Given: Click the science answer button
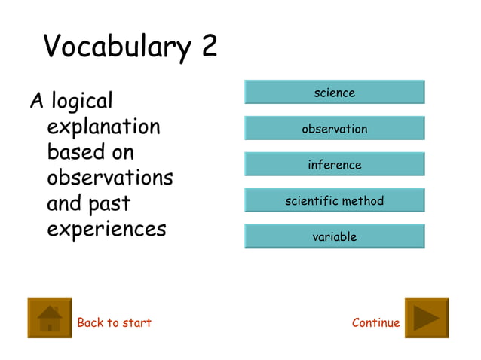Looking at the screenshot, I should click(334, 93).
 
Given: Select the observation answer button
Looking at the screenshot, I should click(334, 129).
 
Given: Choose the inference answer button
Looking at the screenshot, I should click(334, 165).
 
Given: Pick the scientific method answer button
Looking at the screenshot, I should click(334, 201).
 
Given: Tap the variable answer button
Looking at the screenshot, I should click(334, 237).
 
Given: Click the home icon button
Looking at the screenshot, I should click(50, 318).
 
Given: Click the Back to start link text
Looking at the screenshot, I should click(114, 323).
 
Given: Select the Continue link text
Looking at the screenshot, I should click(375, 323).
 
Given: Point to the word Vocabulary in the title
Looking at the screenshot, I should click(118, 47).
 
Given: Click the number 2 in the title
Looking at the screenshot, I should click(209, 47).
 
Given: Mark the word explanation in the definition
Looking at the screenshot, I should click(103, 127).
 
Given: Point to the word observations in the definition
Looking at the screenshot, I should click(109, 178).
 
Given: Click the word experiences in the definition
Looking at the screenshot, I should click(106, 229).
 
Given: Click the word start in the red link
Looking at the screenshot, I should click(136, 323).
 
